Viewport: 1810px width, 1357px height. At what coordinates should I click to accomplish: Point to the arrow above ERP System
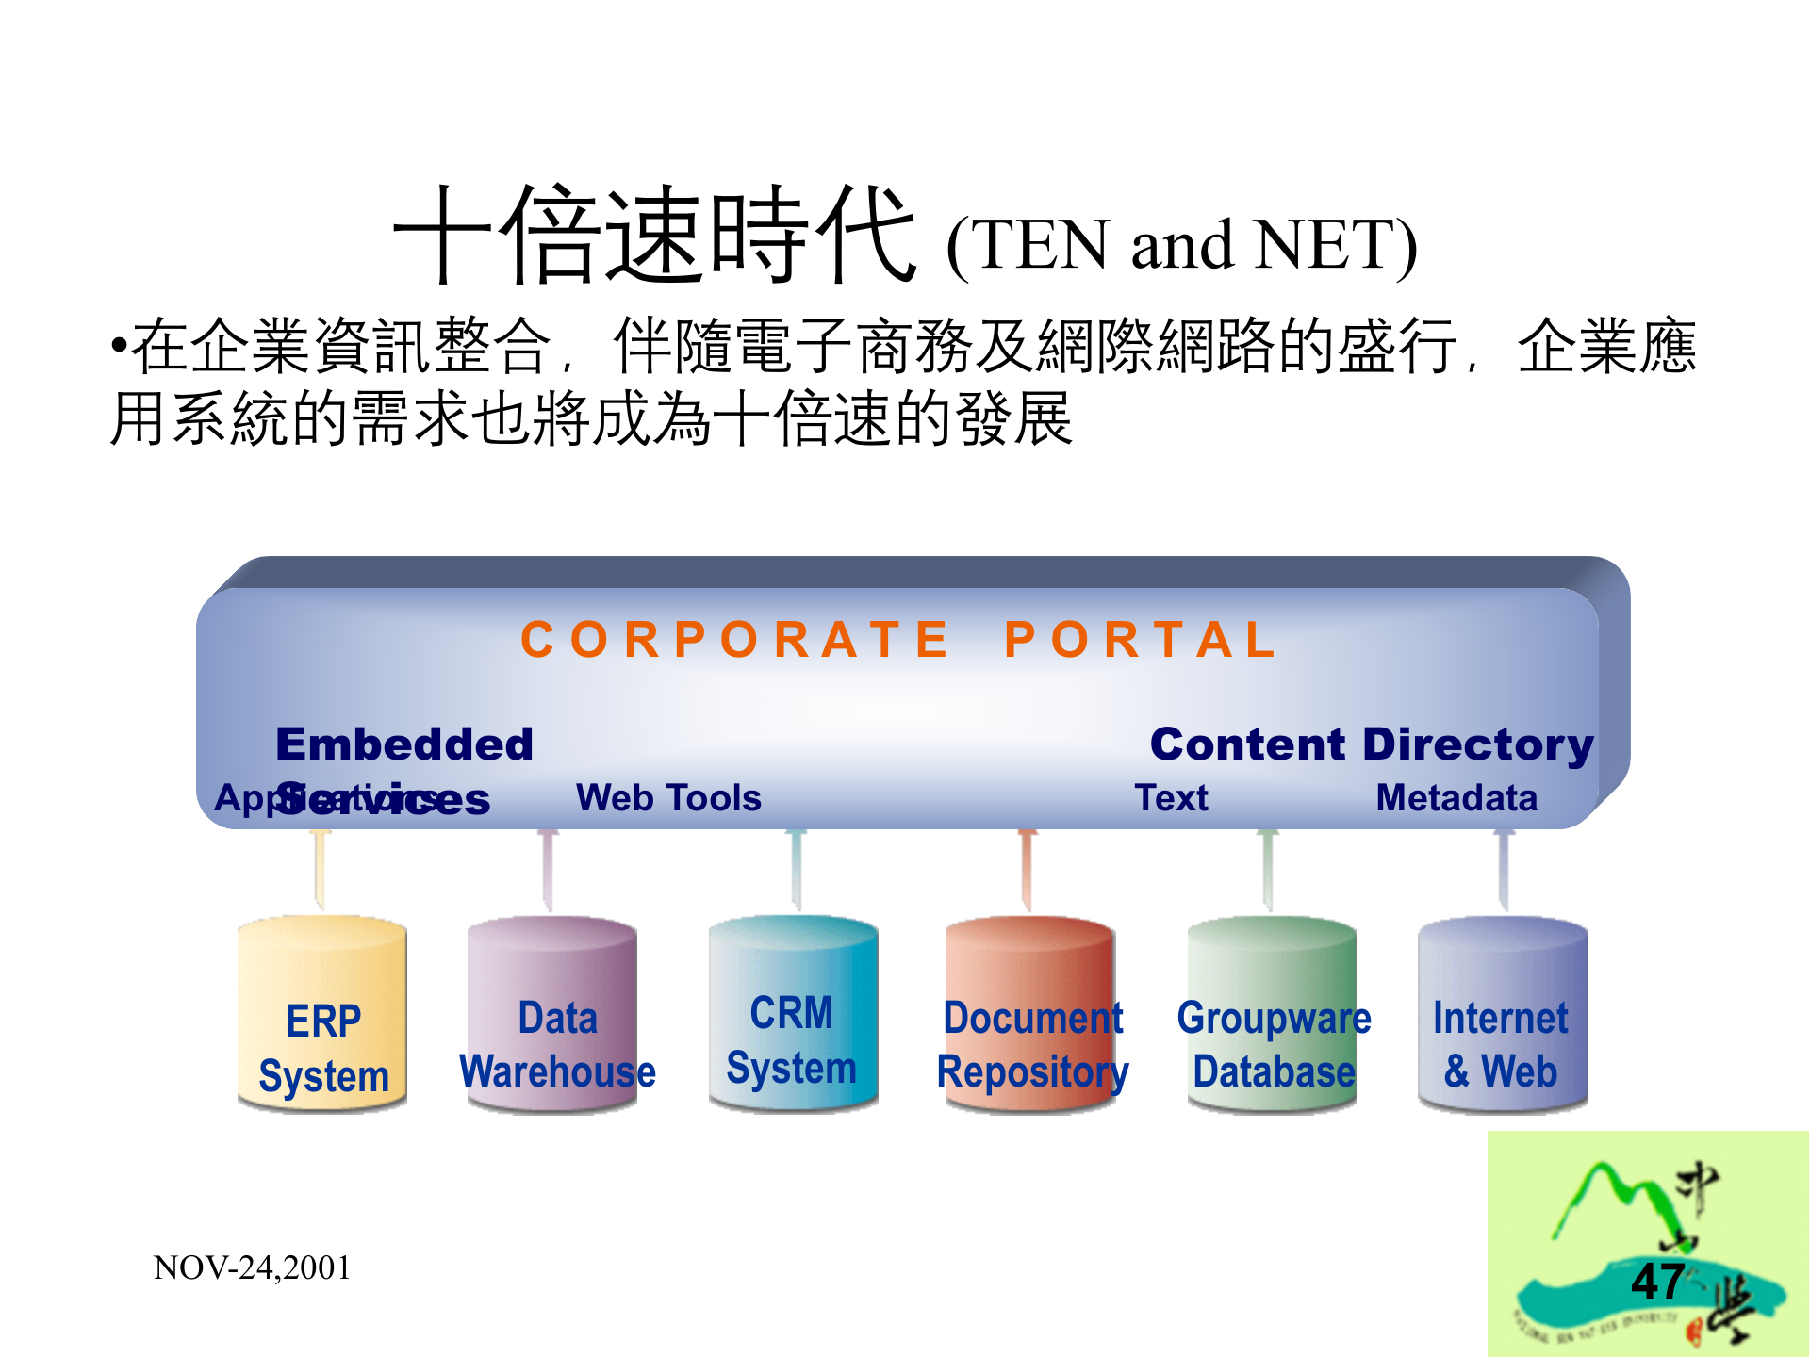tap(321, 870)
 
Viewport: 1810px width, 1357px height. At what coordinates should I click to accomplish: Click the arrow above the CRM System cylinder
tap(797, 870)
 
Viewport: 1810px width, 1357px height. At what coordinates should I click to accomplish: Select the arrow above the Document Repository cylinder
tap(1028, 870)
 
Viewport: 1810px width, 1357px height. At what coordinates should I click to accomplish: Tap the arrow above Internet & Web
tap(1505, 870)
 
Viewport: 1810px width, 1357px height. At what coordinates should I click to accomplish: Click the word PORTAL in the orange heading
tap(1141, 640)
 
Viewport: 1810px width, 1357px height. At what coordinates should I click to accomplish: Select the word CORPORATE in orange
tap(734, 640)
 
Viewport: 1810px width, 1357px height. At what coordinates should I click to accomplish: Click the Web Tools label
tap(668, 798)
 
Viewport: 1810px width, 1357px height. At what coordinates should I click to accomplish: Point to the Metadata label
tap(1456, 798)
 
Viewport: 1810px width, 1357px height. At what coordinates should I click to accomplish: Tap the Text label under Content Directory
tap(1171, 798)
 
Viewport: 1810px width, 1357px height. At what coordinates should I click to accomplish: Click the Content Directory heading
tap(1372, 744)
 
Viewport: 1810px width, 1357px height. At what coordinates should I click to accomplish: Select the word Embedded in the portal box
tap(404, 744)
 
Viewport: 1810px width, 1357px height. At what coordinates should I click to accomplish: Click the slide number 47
tap(1657, 1282)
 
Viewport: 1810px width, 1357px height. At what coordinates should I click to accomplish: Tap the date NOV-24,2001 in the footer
tap(252, 1268)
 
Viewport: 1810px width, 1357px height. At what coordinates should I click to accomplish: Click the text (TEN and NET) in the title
tap(1181, 245)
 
